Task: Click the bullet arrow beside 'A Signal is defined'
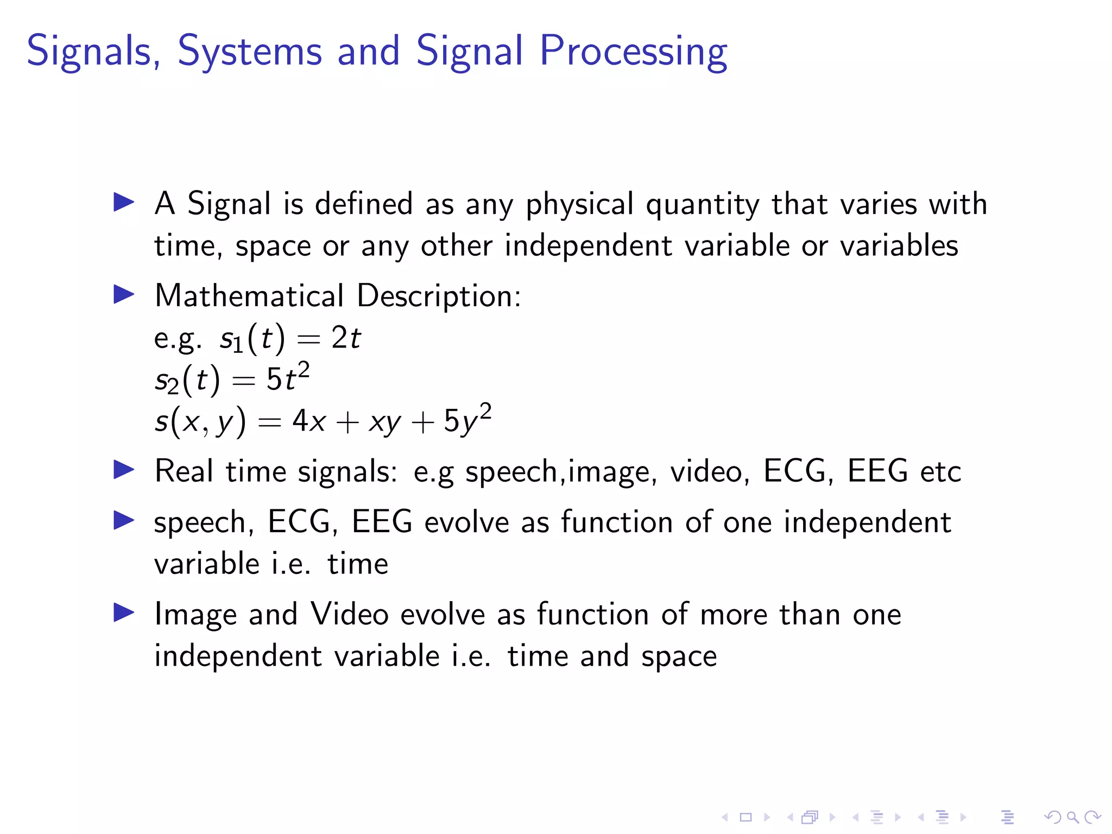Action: pyautogui.click(x=124, y=203)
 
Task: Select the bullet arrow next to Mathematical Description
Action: pyautogui.click(x=124, y=295)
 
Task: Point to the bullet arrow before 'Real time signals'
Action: pyautogui.click(x=124, y=470)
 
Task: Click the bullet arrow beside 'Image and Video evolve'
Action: pyautogui.click(x=124, y=613)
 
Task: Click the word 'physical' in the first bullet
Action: pyautogui.click(x=579, y=205)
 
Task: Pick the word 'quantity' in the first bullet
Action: pyautogui.click(x=703, y=205)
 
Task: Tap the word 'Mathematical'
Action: pyautogui.click(x=249, y=296)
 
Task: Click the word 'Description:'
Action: pyautogui.click(x=439, y=297)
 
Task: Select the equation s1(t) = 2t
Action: pyautogui.click(x=290, y=338)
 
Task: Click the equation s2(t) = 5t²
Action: pyautogui.click(x=232, y=378)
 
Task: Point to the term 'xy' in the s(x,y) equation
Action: pyautogui.click(x=384, y=421)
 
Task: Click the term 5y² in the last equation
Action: pyautogui.click(x=467, y=419)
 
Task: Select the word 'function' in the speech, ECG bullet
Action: pyautogui.click(x=616, y=522)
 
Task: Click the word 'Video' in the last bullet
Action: pyautogui.click(x=349, y=614)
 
